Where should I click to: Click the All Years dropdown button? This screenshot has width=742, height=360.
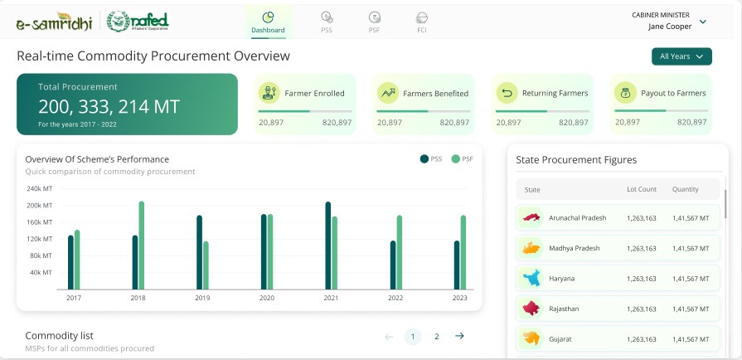pyautogui.click(x=681, y=56)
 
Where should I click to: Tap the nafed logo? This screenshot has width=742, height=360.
pyautogui.click(x=139, y=21)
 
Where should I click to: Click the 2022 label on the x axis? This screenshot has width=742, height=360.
pyautogui.click(x=395, y=298)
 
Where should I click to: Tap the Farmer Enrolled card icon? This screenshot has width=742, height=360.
pyautogui.click(x=269, y=93)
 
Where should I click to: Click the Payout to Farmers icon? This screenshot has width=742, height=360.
pyautogui.click(x=625, y=93)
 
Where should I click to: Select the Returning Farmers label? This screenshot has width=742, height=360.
pyautogui.click(x=555, y=94)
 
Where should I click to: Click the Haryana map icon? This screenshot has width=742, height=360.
pyautogui.click(x=531, y=278)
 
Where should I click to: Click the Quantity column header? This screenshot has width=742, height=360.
pyautogui.click(x=685, y=190)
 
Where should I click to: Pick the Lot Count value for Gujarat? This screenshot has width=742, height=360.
pyautogui.click(x=642, y=339)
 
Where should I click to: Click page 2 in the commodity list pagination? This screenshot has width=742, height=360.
pyautogui.click(x=436, y=336)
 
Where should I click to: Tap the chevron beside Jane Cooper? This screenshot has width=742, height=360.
pyautogui.click(x=702, y=22)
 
